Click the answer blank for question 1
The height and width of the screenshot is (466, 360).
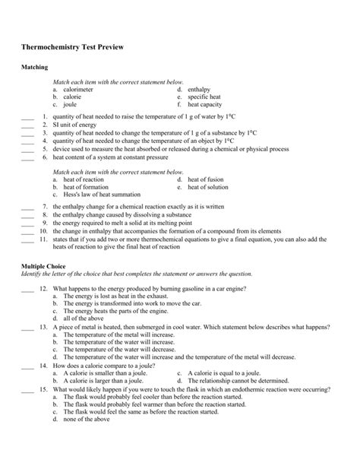pos(28,118)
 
